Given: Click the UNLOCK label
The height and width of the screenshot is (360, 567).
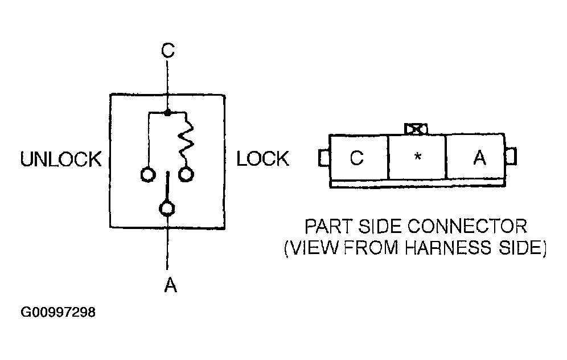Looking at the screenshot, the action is coord(61,159).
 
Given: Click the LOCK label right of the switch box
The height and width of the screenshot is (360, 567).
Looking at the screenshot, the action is coord(263,159).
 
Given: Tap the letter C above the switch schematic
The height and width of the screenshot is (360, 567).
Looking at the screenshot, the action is coord(168,50).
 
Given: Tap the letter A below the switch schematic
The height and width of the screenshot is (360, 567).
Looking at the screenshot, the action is coord(170,285).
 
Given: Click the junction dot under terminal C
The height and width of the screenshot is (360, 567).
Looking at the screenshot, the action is coord(167,113).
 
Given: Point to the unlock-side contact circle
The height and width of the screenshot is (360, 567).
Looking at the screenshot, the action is coord(148,175).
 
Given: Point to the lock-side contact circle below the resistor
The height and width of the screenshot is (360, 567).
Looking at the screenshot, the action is coord(186,174).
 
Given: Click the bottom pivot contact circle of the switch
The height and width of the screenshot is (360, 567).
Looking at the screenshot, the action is coord(167,208).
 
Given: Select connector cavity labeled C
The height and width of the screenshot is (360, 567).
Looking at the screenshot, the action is coord(359,157).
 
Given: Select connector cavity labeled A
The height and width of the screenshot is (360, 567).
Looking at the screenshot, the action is coord(475,157).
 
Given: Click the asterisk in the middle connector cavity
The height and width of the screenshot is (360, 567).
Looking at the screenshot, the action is coord(418,157).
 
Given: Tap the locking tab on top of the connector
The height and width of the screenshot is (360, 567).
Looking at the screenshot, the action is coord(416,129).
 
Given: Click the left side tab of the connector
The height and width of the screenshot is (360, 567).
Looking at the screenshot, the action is coord(324,158).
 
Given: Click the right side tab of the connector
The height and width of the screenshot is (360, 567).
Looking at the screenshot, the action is coord(511,156).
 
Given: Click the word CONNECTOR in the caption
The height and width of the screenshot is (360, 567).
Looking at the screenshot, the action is coord(467,227).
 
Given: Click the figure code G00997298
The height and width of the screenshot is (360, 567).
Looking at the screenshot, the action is coord(58,312).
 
